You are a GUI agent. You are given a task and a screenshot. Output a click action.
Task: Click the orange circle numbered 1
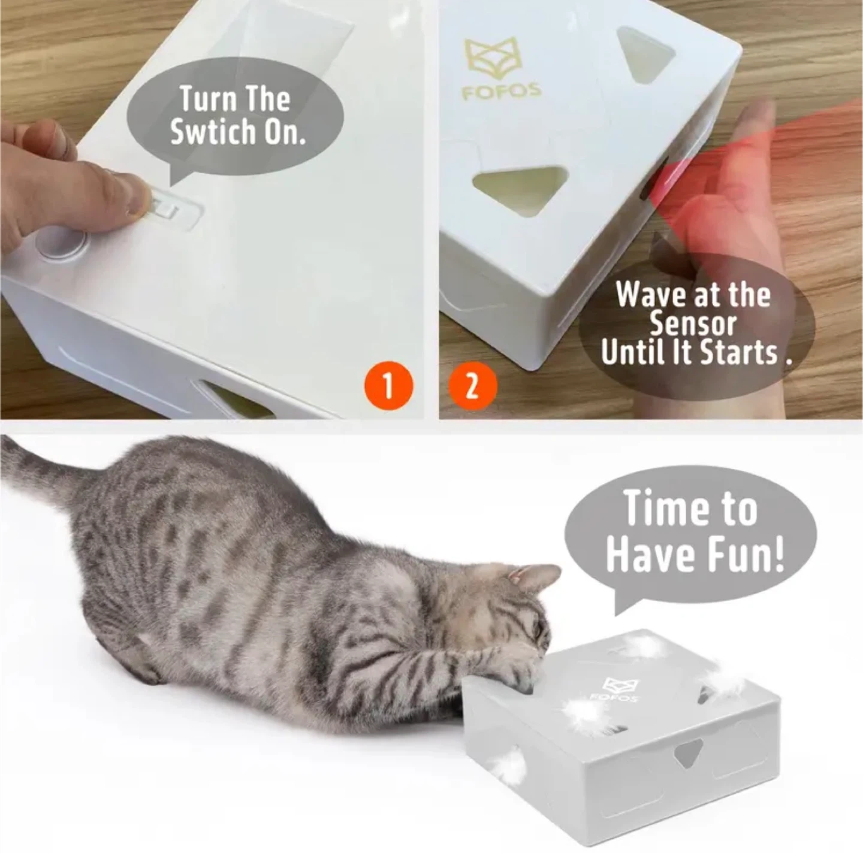click(x=388, y=386)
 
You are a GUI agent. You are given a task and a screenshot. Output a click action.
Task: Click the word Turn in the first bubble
click(x=203, y=99)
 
